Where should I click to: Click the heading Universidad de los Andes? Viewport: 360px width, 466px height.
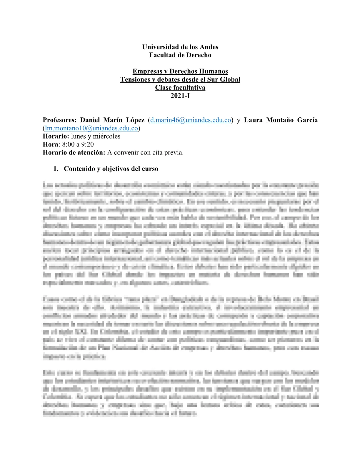(180, 47)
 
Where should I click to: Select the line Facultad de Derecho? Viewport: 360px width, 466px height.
(180, 55)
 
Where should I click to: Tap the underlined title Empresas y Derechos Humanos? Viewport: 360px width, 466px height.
(180, 71)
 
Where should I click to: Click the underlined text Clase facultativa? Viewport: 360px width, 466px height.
(180, 88)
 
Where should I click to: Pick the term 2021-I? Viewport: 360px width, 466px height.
(180, 96)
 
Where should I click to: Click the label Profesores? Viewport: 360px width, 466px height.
(60, 120)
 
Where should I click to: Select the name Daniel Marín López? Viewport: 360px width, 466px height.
(112, 120)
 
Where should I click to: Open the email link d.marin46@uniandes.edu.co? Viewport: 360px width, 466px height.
(191, 120)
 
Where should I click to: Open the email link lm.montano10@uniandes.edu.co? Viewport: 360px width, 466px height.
(91, 128)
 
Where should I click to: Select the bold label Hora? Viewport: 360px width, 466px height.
(50, 144)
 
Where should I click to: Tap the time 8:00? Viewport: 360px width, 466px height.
(68, 144)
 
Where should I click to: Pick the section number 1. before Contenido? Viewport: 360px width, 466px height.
(56, 169)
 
